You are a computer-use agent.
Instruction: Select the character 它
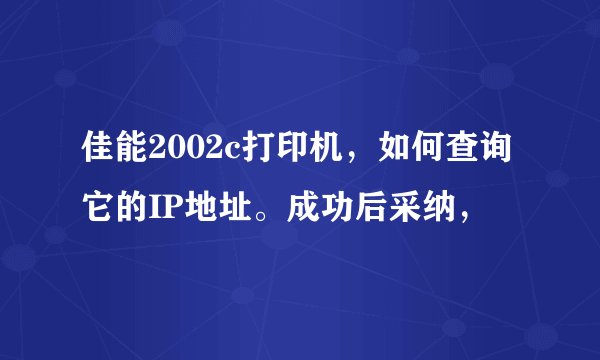click(98, 211)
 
